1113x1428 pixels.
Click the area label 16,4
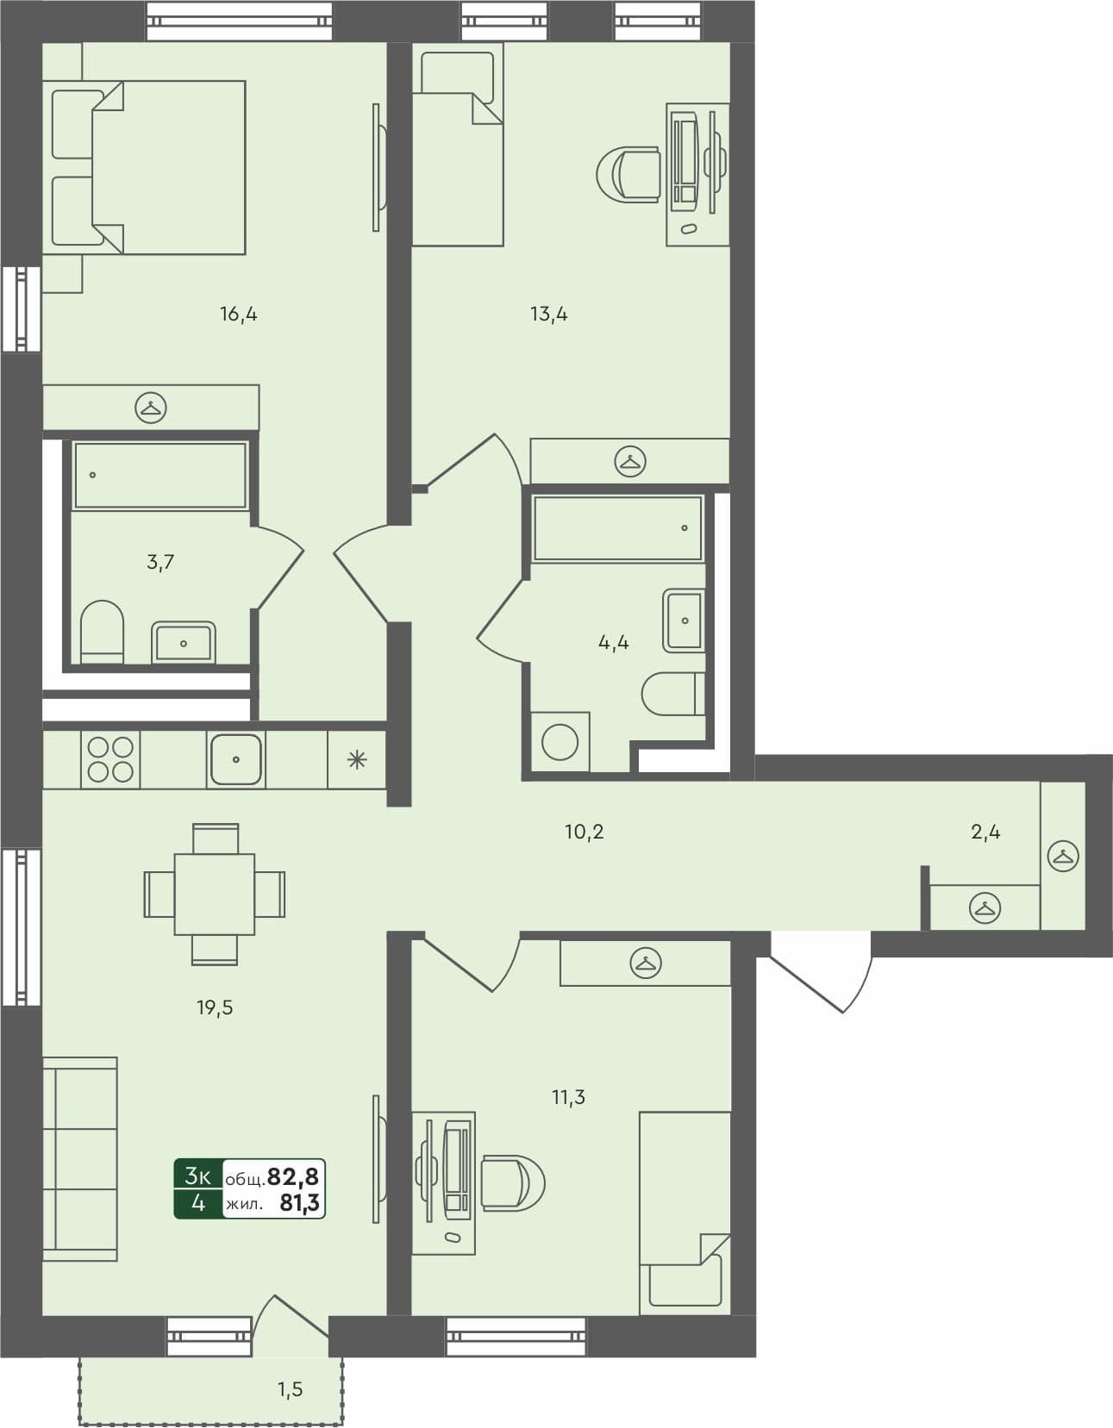[x=239, y=315]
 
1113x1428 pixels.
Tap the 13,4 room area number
[x=548, y=315]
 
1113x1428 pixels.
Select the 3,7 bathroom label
[x=160, y=563]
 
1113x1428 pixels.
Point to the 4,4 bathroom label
[x=613, y=642]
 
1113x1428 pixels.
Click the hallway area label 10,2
[x=584, y=832]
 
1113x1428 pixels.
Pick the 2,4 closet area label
[x=985, y=832]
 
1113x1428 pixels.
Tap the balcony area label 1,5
[x=290, y=1389]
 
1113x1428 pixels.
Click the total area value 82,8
[x=293, y=1176]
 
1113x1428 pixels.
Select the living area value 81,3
[x=299, y=1203]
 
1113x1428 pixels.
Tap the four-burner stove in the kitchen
[x=110, y=759]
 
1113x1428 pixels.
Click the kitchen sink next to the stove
[x=236, y=759]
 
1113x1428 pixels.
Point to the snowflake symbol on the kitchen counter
[x=356, y=759]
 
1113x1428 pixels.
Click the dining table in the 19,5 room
[x=214, y=894]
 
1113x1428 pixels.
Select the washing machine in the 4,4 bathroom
[x=560, y=742]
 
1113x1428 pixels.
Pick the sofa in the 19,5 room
[x=79, y=1159]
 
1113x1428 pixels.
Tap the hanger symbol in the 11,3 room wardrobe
[x=646, y=963]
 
